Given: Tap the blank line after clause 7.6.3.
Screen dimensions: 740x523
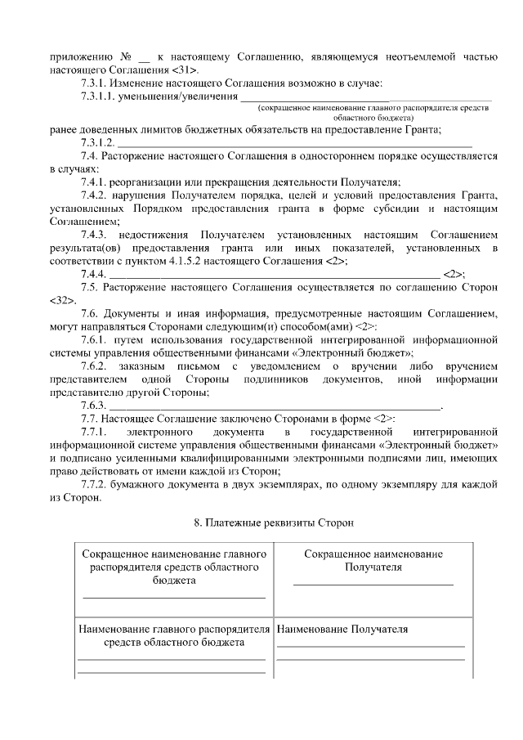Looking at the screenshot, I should [274, 406].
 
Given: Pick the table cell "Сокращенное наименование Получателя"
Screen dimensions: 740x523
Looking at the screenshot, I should [373, 560].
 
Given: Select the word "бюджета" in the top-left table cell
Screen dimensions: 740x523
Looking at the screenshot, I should [172, 578].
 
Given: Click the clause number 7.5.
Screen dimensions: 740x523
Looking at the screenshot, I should [90, 287].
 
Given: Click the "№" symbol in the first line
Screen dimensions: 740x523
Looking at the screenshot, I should [127, 58].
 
